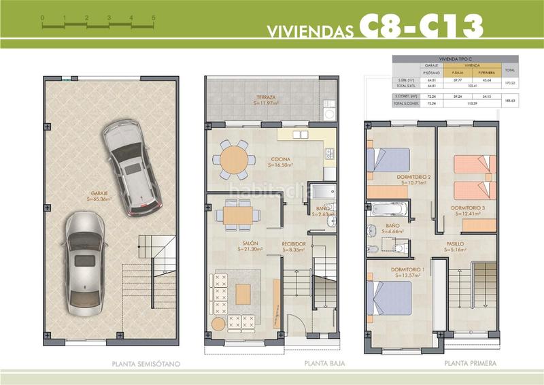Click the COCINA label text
point(284,158)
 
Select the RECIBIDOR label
point(294,243)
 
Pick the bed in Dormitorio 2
point(389,162)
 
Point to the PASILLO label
point(456,243)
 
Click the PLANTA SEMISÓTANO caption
point(146,364)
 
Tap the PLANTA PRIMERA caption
point(470,364)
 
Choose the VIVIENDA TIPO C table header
point(448,59)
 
